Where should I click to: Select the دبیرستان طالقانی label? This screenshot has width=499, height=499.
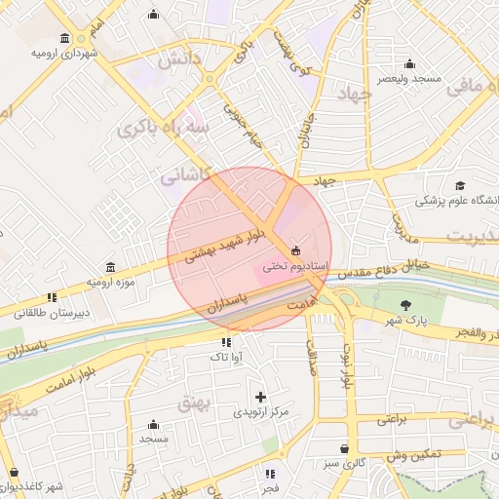tap(50, 313)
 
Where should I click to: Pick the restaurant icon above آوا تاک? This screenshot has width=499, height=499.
tap(226, 342)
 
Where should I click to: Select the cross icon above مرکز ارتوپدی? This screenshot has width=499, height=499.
tap(260, 397)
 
